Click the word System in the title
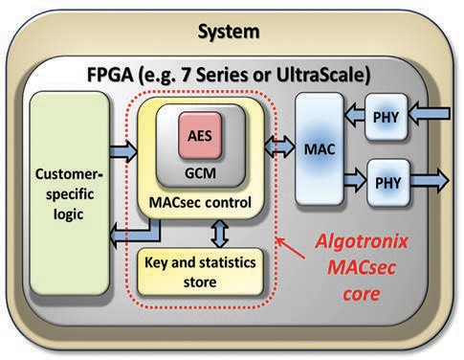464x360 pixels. point(229,32)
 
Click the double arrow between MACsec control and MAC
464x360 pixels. point(282,146)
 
